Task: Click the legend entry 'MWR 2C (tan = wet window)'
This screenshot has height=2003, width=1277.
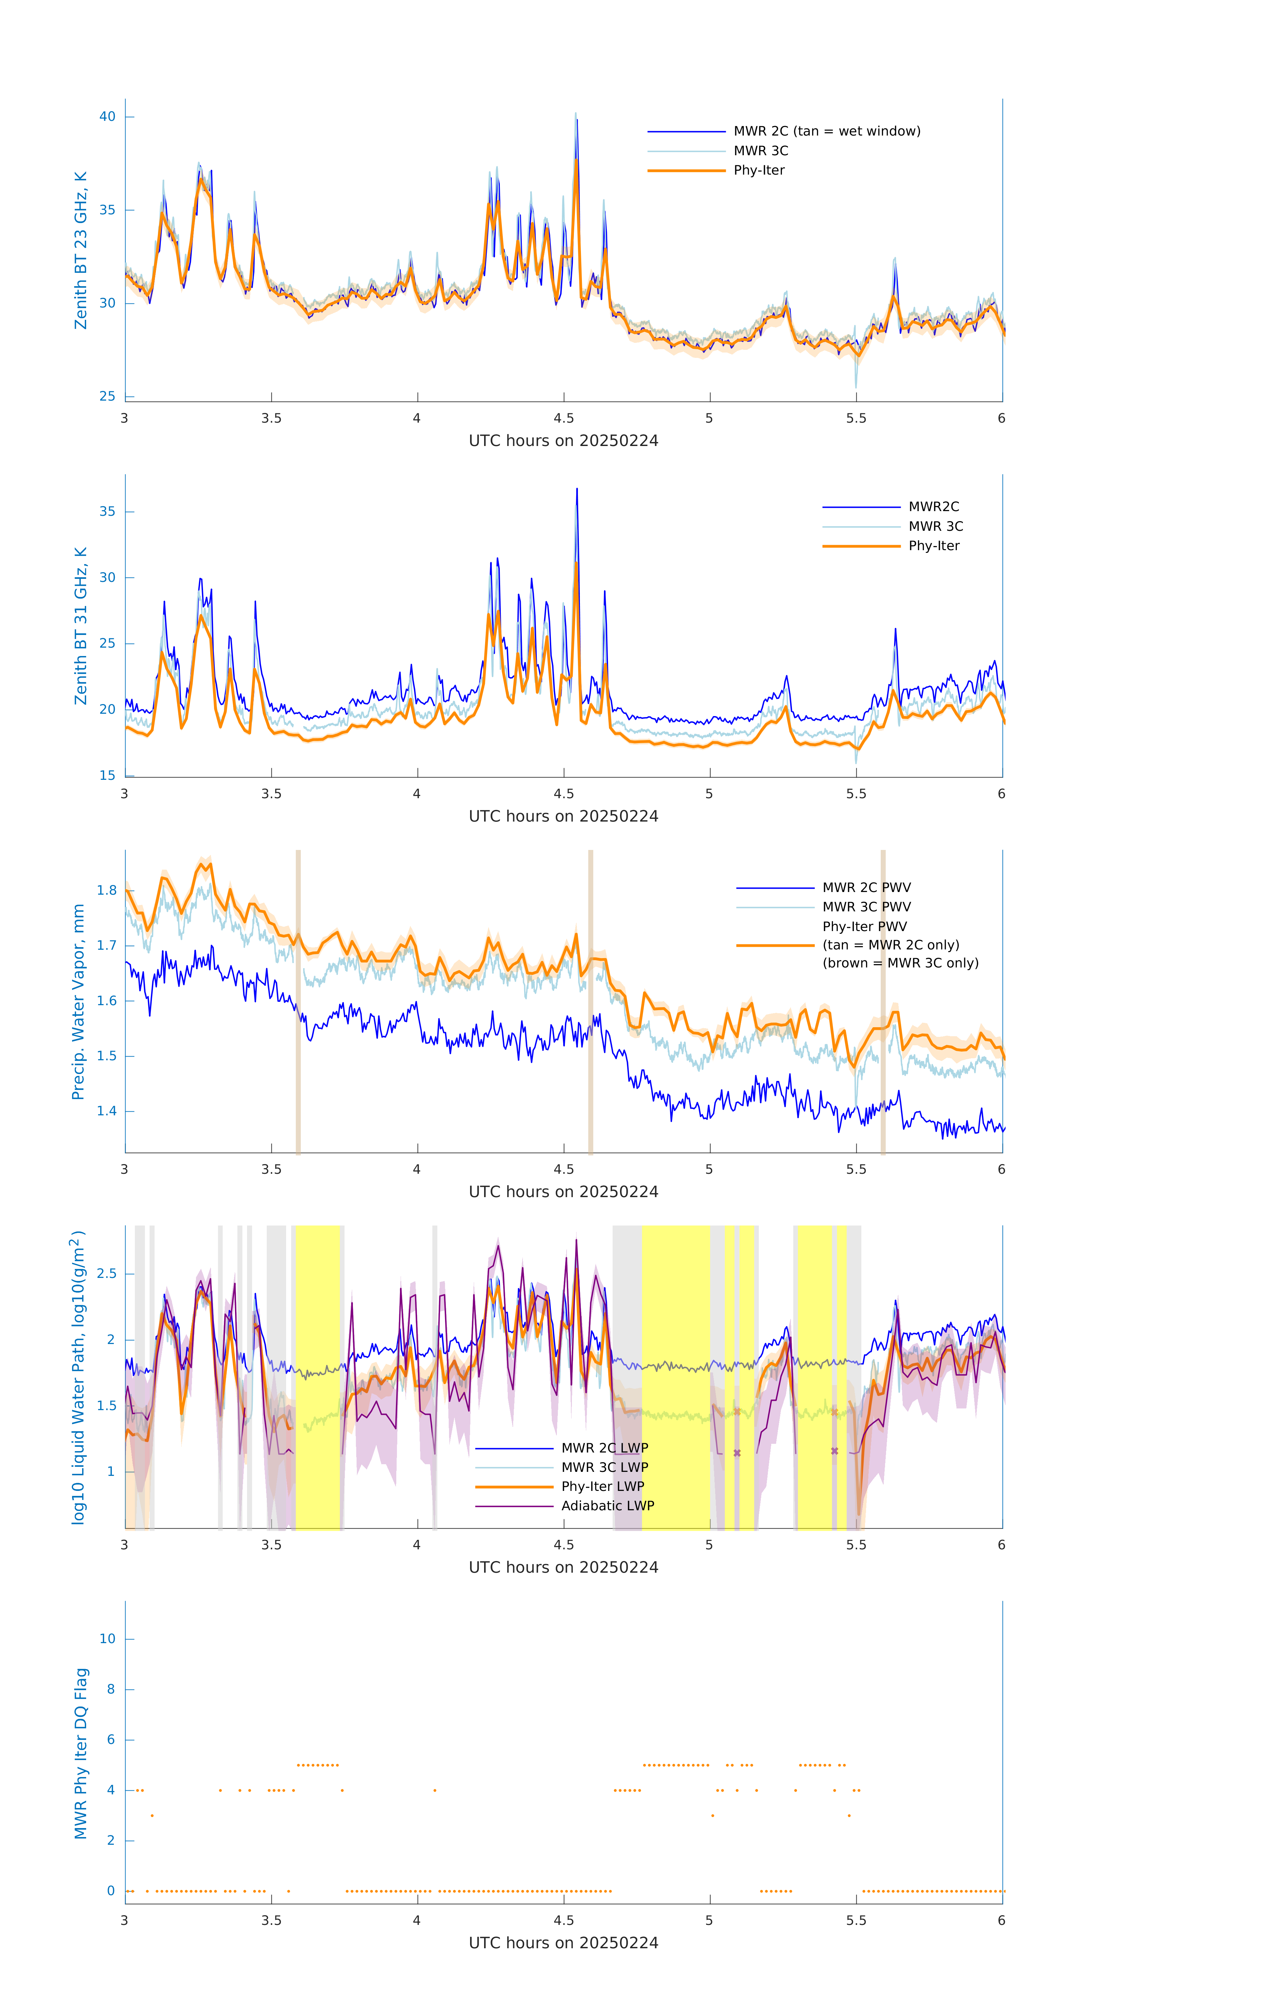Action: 826,132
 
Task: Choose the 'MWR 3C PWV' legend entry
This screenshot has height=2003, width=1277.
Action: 866,907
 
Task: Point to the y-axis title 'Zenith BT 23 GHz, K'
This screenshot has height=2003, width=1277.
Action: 81,250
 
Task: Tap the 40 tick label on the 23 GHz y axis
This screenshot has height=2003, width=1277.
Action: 107,117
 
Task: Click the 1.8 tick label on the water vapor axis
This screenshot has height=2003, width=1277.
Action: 107,890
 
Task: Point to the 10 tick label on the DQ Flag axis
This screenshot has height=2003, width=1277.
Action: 107,1639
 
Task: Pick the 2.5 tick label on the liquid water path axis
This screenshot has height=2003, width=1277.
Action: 107,1274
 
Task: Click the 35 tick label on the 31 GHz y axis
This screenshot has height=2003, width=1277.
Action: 107,511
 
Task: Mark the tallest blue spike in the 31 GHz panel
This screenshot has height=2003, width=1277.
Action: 577,491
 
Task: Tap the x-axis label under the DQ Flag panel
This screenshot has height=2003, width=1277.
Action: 563,1943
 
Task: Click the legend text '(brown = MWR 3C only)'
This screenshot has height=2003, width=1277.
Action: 900,963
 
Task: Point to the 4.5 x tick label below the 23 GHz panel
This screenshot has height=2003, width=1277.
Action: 563,418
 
